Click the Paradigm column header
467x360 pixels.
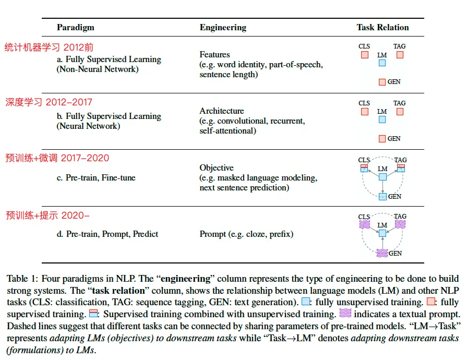pos(75,28)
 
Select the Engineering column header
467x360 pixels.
pos(223,28)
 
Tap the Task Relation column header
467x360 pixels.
pos(382,28)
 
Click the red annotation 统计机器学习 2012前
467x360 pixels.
pos(50,46)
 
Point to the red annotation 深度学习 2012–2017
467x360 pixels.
pos(49,102)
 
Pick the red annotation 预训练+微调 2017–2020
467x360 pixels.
pos(57,158)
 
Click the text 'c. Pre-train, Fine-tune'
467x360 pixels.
pos(96,178)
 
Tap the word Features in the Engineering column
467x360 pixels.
pos(214,54)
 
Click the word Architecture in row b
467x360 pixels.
pos(222,111)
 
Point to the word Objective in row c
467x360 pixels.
pos(217,168)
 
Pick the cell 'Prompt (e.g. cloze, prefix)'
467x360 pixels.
pos(246,234)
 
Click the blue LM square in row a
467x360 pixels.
pos(382,63)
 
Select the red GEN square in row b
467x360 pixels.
pos(382,139)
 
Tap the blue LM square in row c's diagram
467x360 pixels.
pos(382,177)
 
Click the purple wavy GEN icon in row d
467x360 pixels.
pos(382,254)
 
